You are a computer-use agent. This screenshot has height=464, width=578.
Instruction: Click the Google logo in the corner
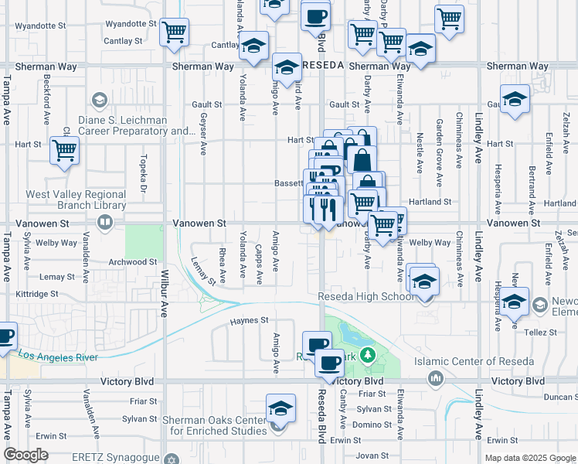26,455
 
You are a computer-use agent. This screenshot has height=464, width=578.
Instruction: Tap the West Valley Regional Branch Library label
76,200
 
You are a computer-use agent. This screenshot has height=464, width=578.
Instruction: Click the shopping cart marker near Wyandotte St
175,32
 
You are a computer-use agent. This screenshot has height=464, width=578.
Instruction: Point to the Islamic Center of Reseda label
474,361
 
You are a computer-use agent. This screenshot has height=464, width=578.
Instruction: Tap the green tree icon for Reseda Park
369,355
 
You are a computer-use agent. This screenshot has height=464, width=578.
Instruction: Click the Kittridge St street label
37,294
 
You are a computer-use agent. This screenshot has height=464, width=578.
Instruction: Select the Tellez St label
542,333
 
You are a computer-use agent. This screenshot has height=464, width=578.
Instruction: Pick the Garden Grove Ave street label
439,142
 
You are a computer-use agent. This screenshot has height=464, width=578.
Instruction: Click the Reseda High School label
366,296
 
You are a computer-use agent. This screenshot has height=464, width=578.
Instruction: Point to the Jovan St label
372,455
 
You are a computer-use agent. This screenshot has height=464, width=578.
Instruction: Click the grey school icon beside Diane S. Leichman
99,101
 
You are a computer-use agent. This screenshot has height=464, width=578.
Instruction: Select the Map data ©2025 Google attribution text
529,458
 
